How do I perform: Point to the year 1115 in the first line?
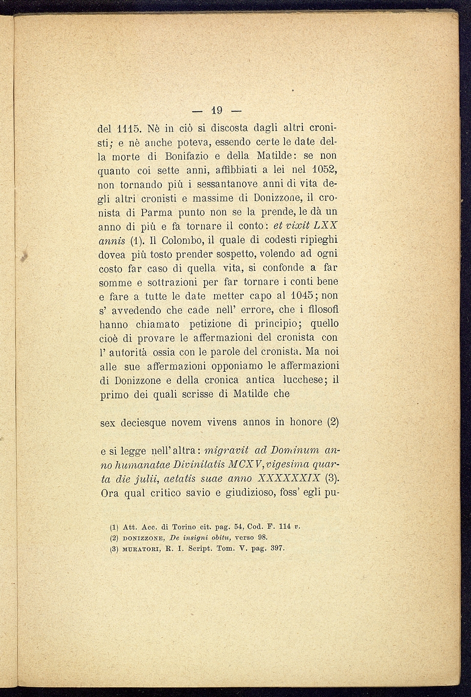(129, 129)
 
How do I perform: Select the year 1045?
(304, 296)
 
